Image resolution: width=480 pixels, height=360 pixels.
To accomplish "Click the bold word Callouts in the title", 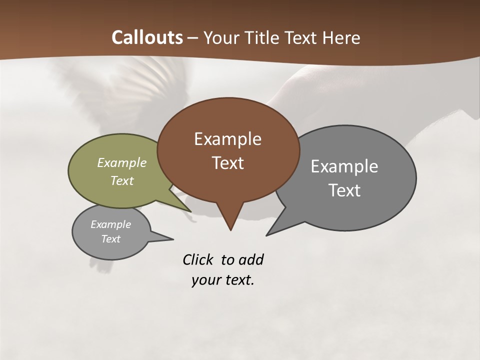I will pos(147,37).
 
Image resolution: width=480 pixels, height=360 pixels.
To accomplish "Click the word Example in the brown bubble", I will pos(227,139).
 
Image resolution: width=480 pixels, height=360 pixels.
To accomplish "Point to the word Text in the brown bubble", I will pos(227,163).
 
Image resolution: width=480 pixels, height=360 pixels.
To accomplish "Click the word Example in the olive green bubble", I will pos(122,163).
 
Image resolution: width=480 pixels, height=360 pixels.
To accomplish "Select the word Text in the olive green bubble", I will pos(122,180).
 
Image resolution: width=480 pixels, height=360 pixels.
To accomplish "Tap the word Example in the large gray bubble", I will pos(344,166).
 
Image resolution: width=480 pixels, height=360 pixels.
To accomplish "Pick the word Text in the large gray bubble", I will pos(344,190).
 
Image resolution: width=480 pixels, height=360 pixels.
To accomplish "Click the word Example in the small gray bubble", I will pos(110,224).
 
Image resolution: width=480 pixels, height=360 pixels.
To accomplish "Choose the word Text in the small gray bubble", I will pos(110,239).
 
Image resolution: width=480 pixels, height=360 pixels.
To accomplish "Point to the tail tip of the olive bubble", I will pos(190,211).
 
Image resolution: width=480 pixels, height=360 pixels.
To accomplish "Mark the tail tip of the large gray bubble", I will pos(267,234).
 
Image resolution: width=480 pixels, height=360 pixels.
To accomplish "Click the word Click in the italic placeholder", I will pos(198,260).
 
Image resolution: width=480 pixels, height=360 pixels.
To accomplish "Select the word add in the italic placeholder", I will pos(251,260).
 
